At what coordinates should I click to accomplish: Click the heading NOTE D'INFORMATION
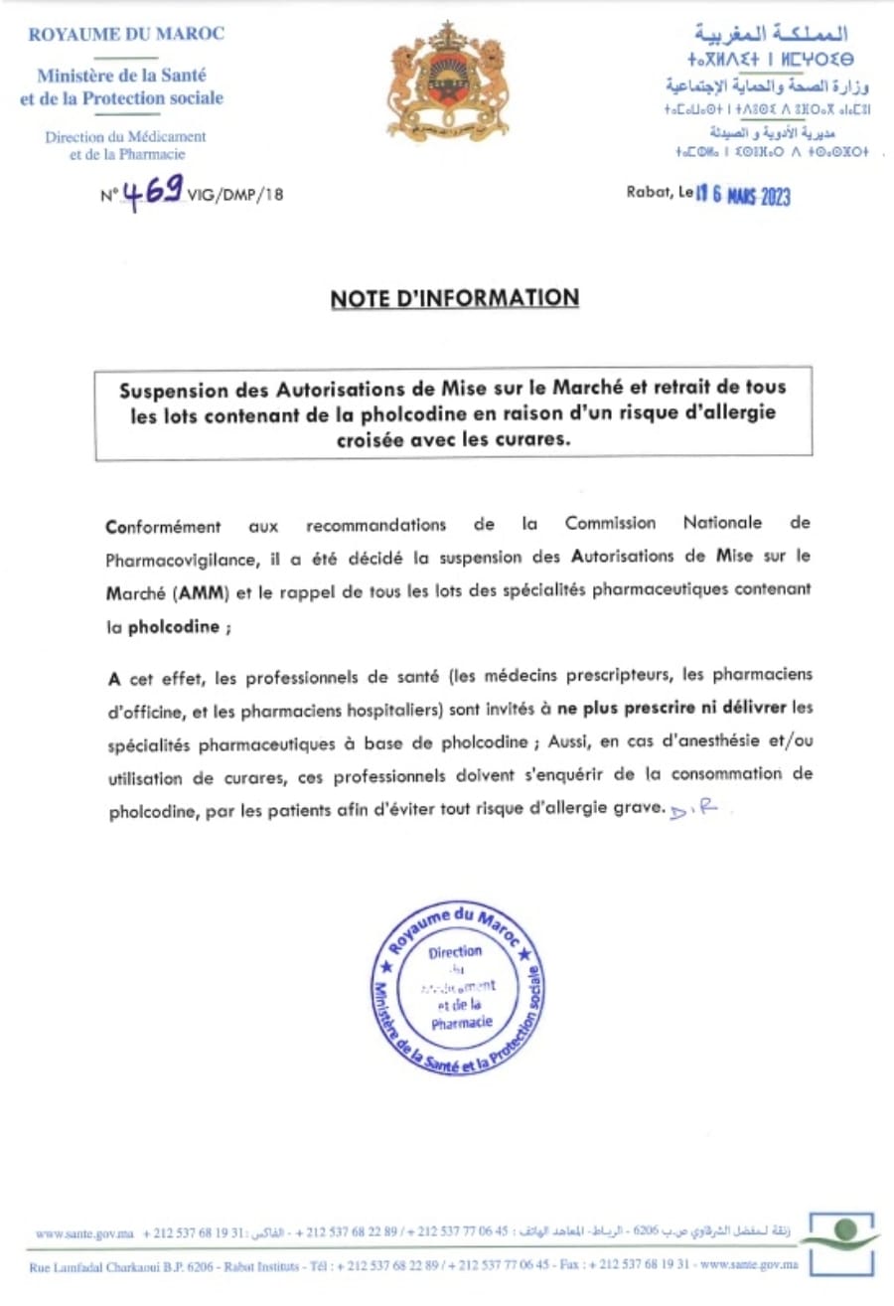(455, 298)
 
